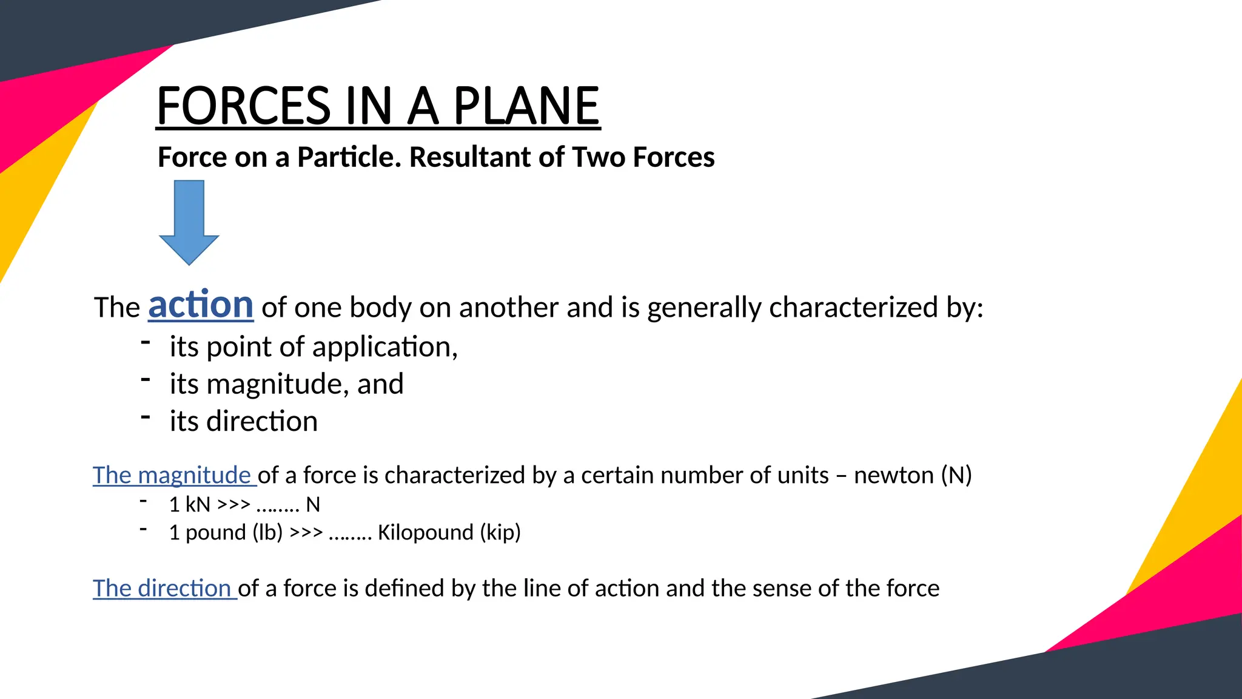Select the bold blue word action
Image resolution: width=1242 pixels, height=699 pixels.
201,305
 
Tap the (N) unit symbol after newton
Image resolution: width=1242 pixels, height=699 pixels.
956,475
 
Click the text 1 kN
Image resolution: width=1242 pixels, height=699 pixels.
189,505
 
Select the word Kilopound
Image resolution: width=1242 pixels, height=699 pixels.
425,533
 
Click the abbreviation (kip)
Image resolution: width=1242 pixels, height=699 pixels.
500,533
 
